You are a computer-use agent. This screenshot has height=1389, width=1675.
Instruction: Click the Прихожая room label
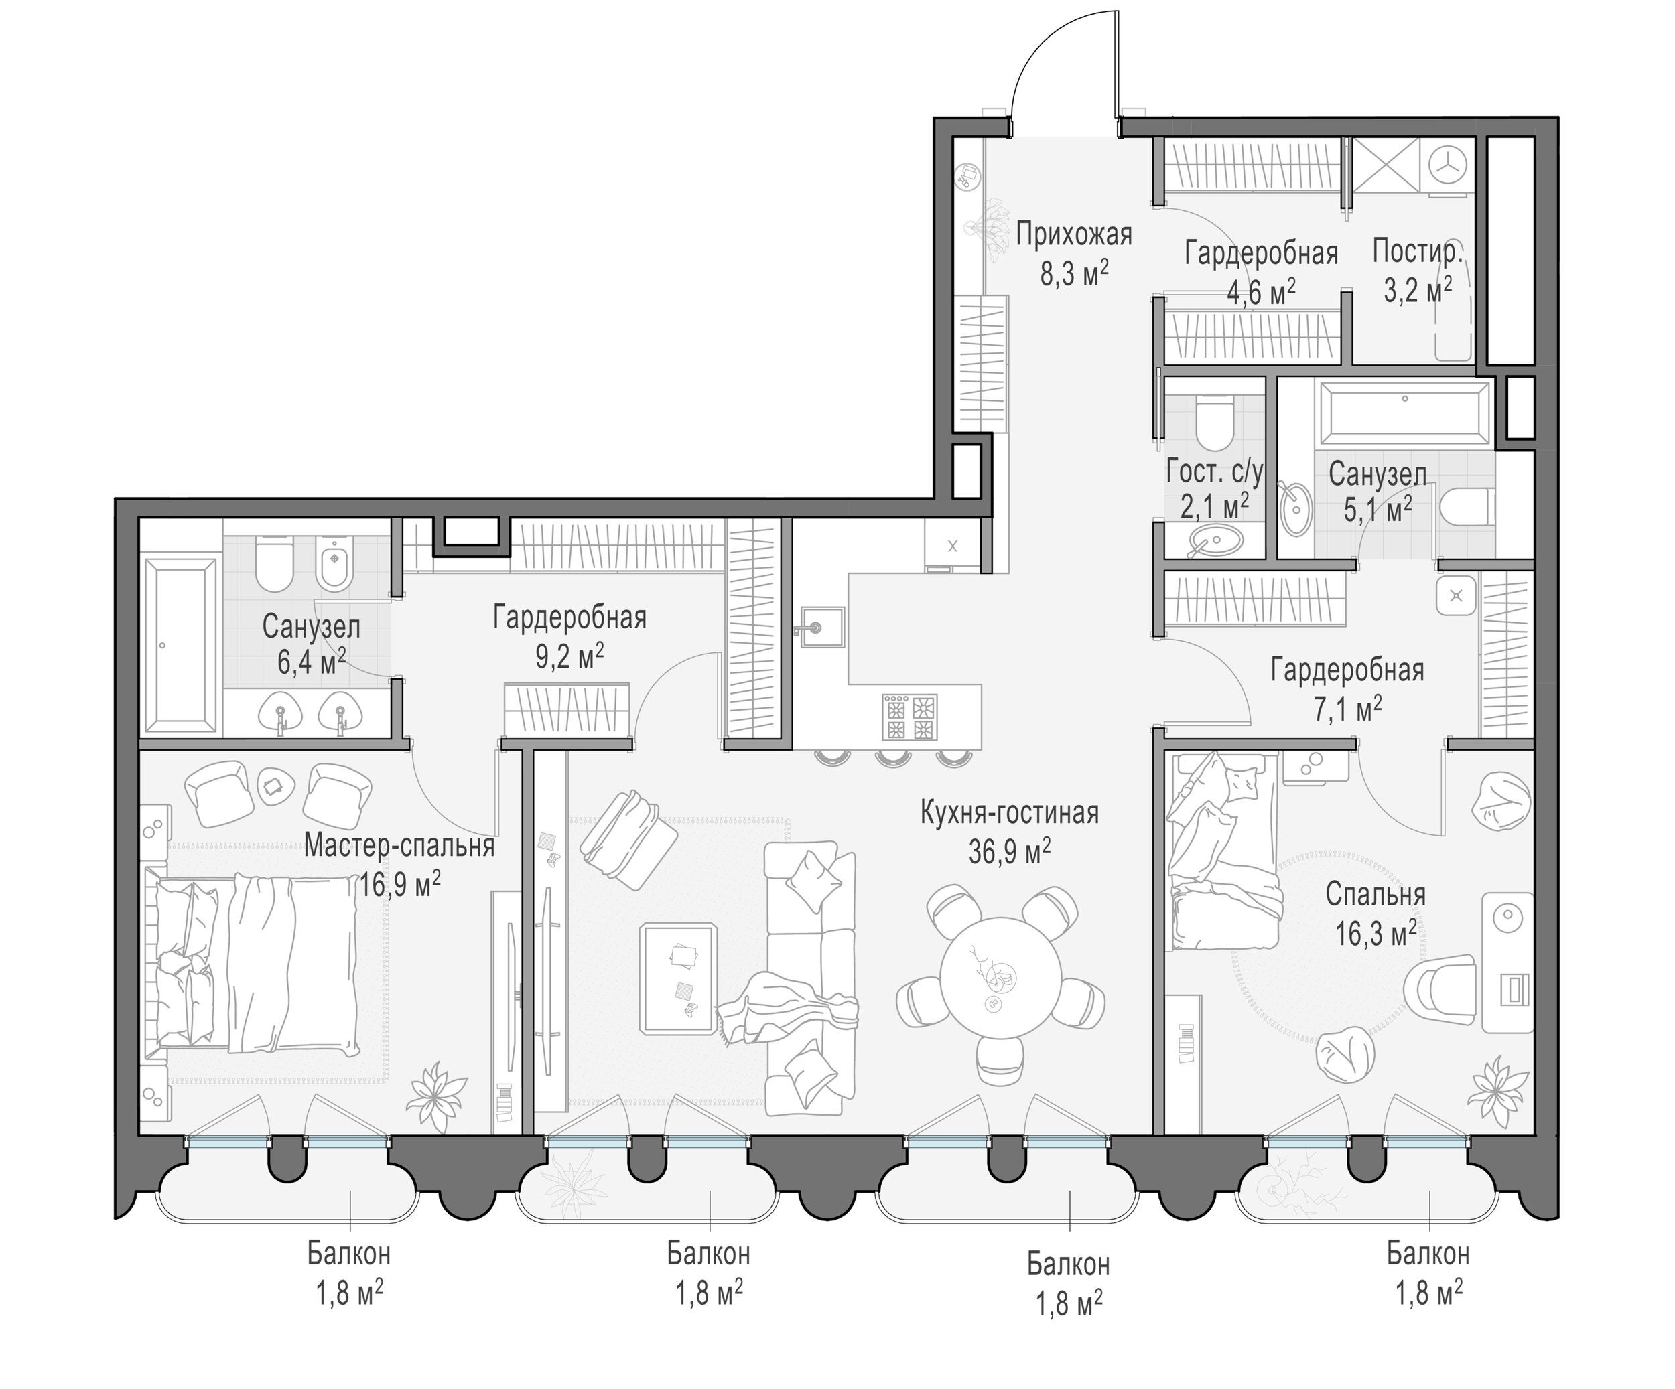click(x=1073, y=235)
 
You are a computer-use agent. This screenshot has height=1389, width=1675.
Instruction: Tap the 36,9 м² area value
click(x=1010, y=853)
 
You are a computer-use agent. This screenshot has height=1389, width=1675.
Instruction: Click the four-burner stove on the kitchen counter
click(x=909, y=717)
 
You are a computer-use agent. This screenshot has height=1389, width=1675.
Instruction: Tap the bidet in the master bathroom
click(x=335, y=562)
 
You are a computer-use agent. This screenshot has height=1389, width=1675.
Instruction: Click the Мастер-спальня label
click(x=399, y=845)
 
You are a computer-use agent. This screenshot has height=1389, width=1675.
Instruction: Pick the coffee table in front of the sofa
click(x=678, y=978)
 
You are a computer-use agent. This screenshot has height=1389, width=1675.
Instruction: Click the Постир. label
click(x=1417, y=252)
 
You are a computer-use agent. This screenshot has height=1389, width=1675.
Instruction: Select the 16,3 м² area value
click(x=1376, y=932)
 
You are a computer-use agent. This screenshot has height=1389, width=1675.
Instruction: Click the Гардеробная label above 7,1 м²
click(x=1347, y=670)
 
